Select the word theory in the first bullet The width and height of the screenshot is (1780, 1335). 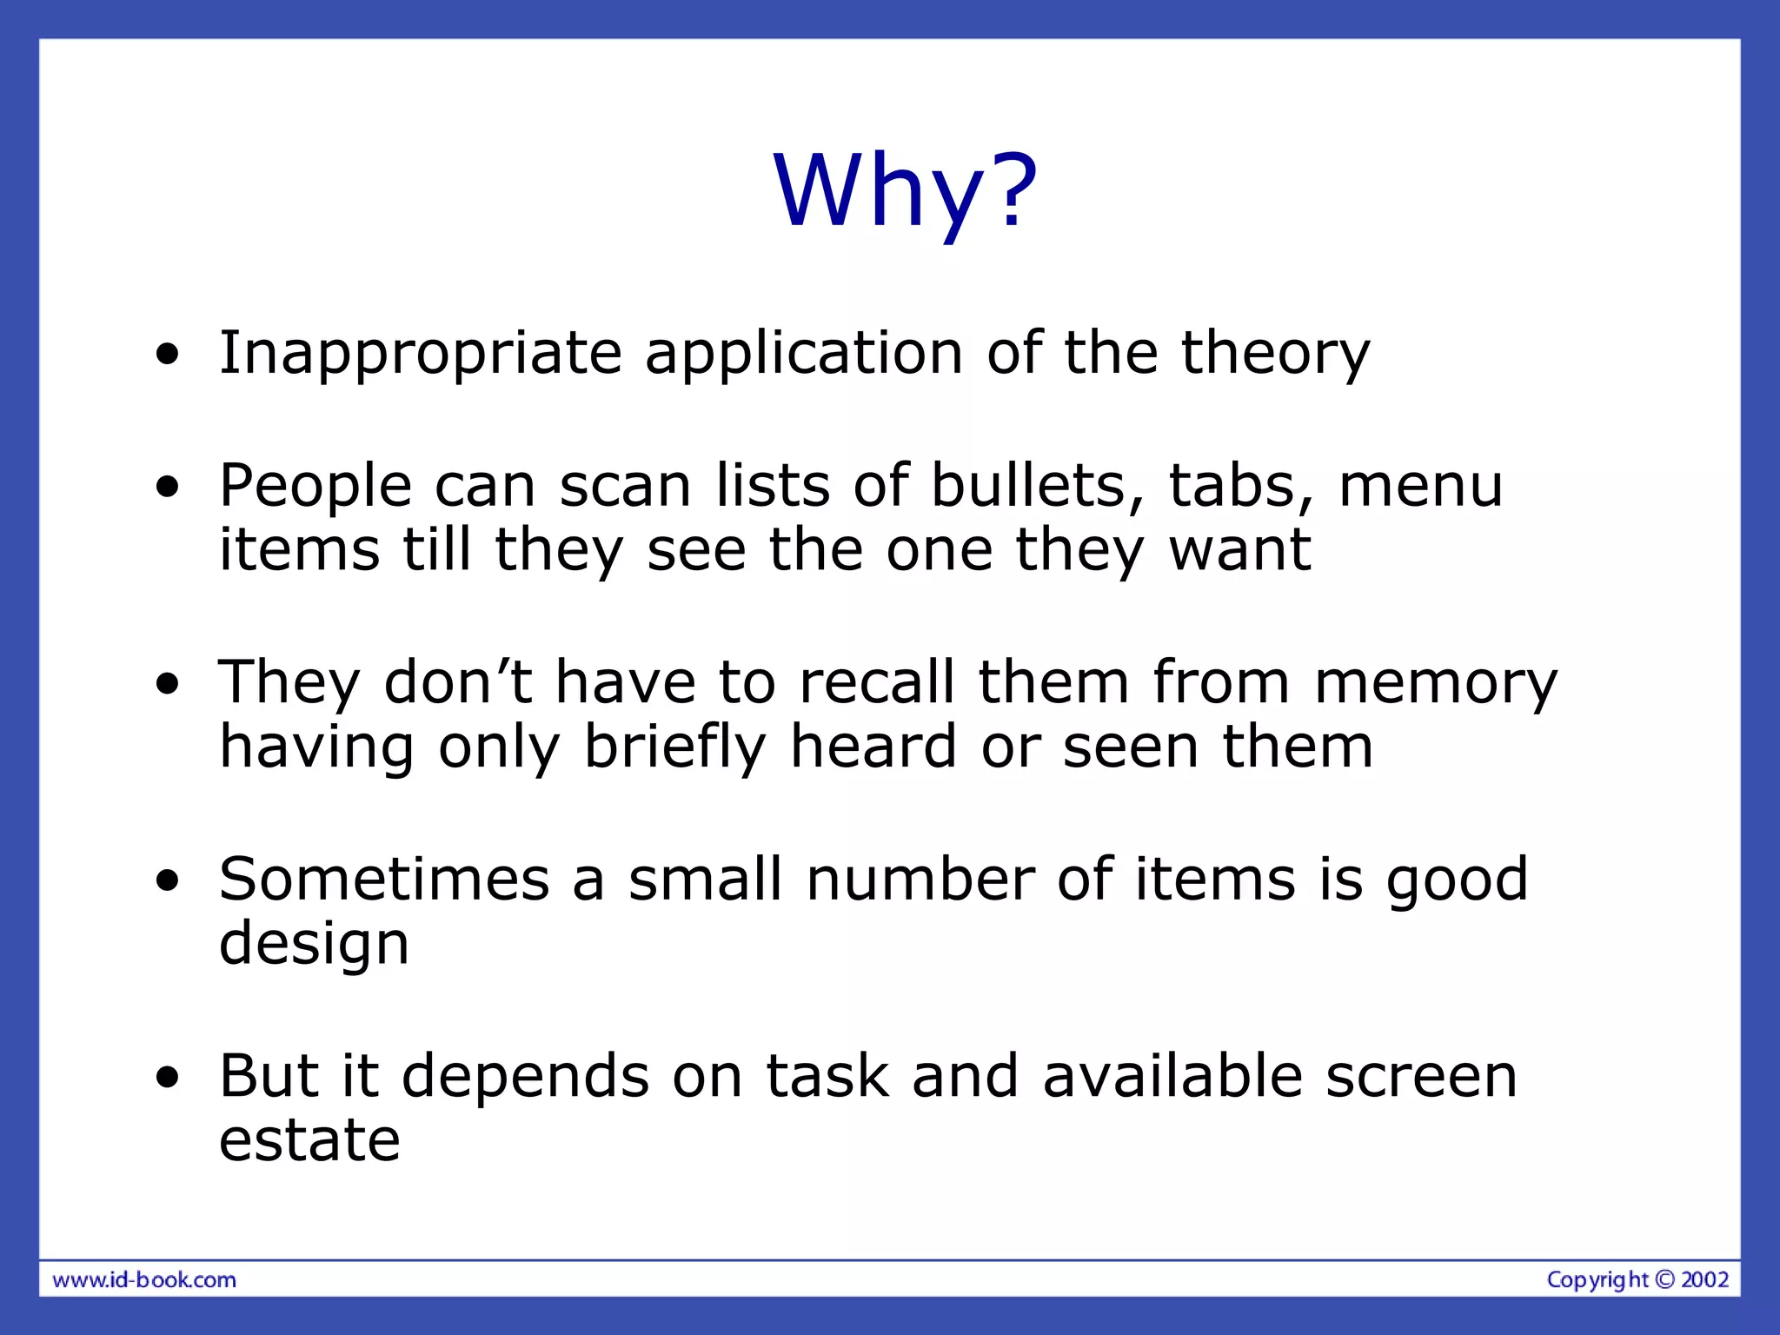(1275, 353)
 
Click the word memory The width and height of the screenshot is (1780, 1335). (1436, 683)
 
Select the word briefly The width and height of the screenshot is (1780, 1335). (675, 747)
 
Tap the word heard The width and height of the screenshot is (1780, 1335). (873, 747)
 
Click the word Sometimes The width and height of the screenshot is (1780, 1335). (384, 880)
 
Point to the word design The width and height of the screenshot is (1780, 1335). (314, 944)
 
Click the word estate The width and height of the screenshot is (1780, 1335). (309, 1141)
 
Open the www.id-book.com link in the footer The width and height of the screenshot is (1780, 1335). (144, 1280)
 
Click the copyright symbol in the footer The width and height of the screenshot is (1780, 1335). (1664, 1279)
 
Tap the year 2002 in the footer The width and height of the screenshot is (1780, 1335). (1704, 1279)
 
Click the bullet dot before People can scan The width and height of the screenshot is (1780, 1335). (168, 488)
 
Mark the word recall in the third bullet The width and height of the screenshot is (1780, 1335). (877, 683)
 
